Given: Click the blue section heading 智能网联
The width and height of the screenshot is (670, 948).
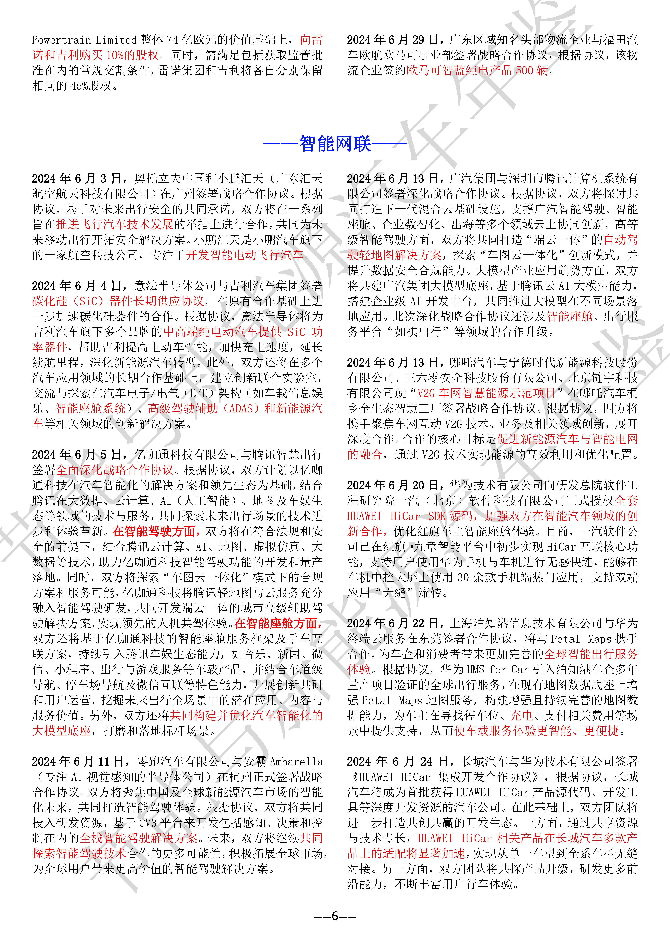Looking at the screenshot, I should (x=335, y=144).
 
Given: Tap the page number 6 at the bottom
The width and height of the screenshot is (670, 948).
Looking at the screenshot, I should (x=335, y=916).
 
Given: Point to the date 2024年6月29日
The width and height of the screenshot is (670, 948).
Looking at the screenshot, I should (x=392, y=40).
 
